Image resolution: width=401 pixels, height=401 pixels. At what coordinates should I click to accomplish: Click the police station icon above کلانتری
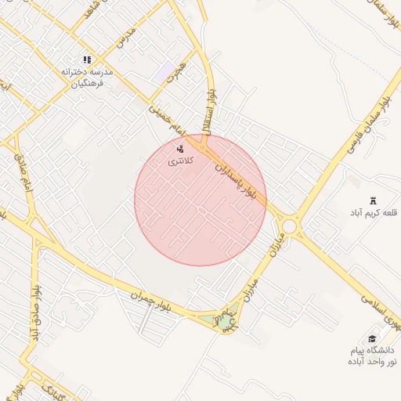(x=180, y=148)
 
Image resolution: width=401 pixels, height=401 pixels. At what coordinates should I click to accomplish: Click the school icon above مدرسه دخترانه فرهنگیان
(x=87, y=59)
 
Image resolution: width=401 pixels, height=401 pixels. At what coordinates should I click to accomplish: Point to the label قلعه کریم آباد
(x=373, y=213)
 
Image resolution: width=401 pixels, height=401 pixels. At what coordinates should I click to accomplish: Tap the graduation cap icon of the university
(x=371, y=338)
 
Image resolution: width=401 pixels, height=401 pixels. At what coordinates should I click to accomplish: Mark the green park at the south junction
(x=225, y=321)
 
